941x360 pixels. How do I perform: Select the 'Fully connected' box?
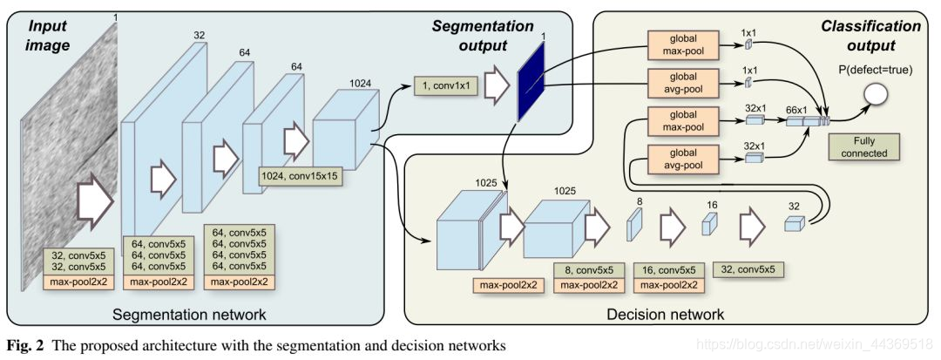[864, 147]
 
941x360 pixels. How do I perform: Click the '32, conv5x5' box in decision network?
[749, 269]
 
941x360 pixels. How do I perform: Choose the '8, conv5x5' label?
[588, 270]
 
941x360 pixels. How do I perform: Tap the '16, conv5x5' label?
[669, 270]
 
